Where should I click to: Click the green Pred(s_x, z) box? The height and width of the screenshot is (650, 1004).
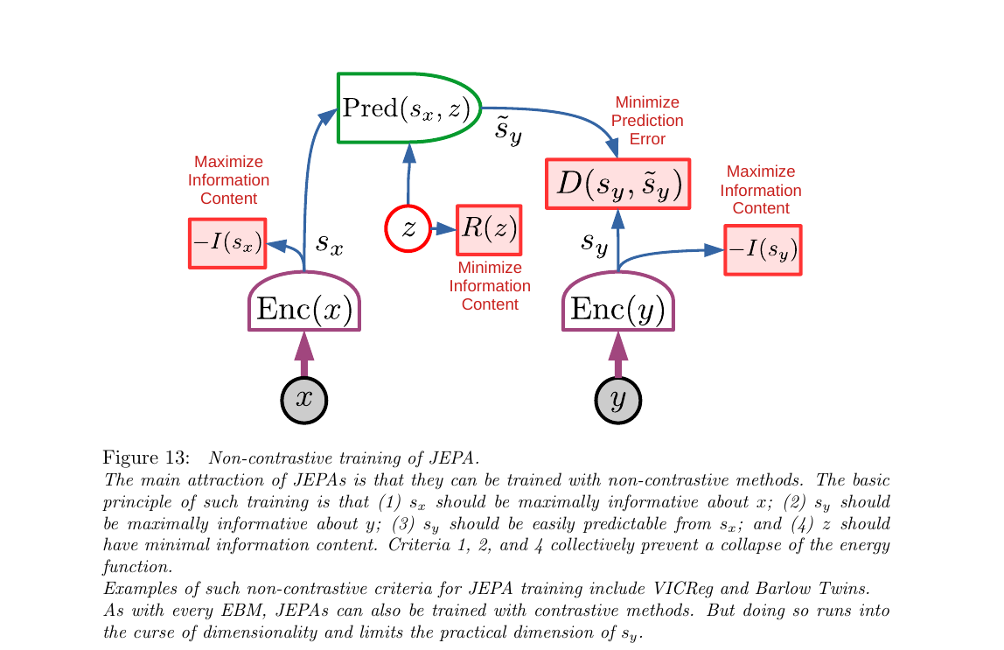click(408, 108)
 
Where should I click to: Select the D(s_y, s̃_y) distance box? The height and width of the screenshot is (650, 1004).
click(617, 185)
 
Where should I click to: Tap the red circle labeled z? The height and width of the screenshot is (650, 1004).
click(408, 229)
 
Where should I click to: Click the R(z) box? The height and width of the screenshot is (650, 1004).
click(489, 229)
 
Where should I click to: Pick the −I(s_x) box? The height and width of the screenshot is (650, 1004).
click(227, 242)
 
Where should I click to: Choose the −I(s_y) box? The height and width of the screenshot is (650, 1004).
click(763, 250)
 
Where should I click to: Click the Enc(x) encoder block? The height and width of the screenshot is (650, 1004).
click(304, 308)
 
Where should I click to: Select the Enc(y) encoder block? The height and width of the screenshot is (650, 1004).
click(617, 308)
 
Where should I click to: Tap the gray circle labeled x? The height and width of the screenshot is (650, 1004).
click(303, 400)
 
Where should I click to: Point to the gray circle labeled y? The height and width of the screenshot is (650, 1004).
click(617, 400)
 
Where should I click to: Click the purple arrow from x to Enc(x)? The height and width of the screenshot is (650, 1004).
click(303, 355)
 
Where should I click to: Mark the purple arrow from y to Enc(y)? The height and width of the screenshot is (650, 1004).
click(617, 355)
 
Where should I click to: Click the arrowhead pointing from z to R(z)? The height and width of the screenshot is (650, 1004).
click(447, 229)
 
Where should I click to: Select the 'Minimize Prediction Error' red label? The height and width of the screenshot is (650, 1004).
click(647, 121)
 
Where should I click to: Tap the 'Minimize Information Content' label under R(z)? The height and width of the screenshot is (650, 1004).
click(490, 286)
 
